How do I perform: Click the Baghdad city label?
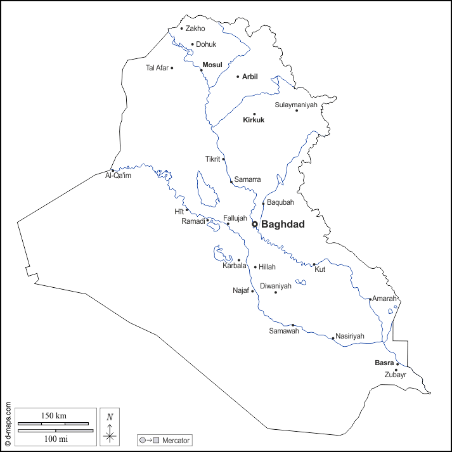point(283,224)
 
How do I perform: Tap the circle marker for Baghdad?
point(255,224)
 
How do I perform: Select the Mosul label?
point(212,65)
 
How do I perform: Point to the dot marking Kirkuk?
point(255,114)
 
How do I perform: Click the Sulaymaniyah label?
point(295,105)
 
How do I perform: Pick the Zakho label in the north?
point(195,29)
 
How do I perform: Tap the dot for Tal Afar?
point(172,68)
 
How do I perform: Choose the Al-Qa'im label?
point(118,176)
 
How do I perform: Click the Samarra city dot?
point(231,181)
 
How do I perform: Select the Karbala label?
point(234,266)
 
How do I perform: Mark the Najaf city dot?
point(252,291)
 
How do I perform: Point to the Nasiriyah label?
point(350,335)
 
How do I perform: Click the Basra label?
point(384,363)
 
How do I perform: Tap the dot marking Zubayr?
point(396,370)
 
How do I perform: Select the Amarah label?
point(385,299)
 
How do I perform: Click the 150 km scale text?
point(54,416)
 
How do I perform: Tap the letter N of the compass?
point(110,416)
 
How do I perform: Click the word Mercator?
point(176,440)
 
